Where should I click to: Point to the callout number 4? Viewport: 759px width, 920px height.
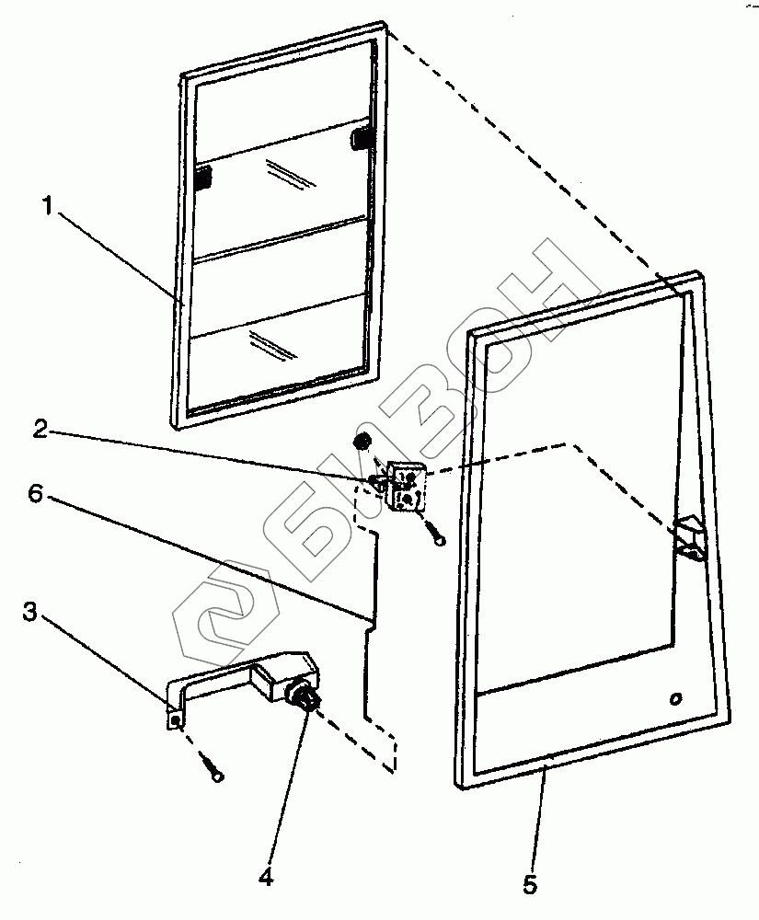pos(267,877)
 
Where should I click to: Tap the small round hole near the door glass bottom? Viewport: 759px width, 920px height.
pos(676,698)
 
